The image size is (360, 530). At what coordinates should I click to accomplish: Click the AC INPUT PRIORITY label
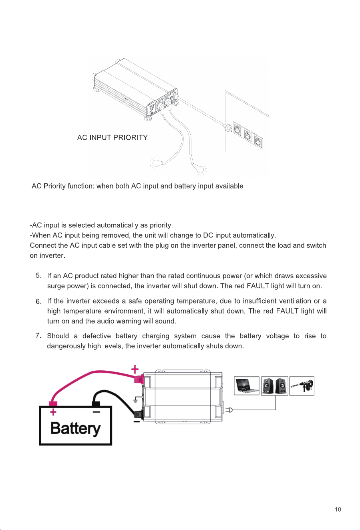pos(113,137)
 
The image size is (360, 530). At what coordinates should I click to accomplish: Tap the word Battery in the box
pos(76,428)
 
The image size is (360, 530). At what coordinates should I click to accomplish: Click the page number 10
pos(338,510)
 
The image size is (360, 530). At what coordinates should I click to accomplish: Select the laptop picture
pos(247,385)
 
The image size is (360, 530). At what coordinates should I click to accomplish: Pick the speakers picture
pos(275,385)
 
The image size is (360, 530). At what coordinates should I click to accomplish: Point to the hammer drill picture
pos(302,385)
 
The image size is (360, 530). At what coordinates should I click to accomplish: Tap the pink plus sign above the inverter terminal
pos(135,369)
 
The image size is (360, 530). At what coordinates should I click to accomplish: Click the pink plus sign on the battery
pos(54,412)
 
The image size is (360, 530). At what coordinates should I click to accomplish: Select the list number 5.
pos(39,275)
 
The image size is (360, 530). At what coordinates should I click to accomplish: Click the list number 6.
pos(39,301)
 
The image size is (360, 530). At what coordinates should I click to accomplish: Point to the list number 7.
pos(39,335)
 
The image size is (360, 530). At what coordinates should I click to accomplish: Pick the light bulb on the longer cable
pos(198,168)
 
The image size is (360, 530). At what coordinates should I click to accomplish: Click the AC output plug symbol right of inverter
pos(229,410)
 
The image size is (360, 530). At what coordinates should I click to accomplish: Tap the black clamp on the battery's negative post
pos(96,404)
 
